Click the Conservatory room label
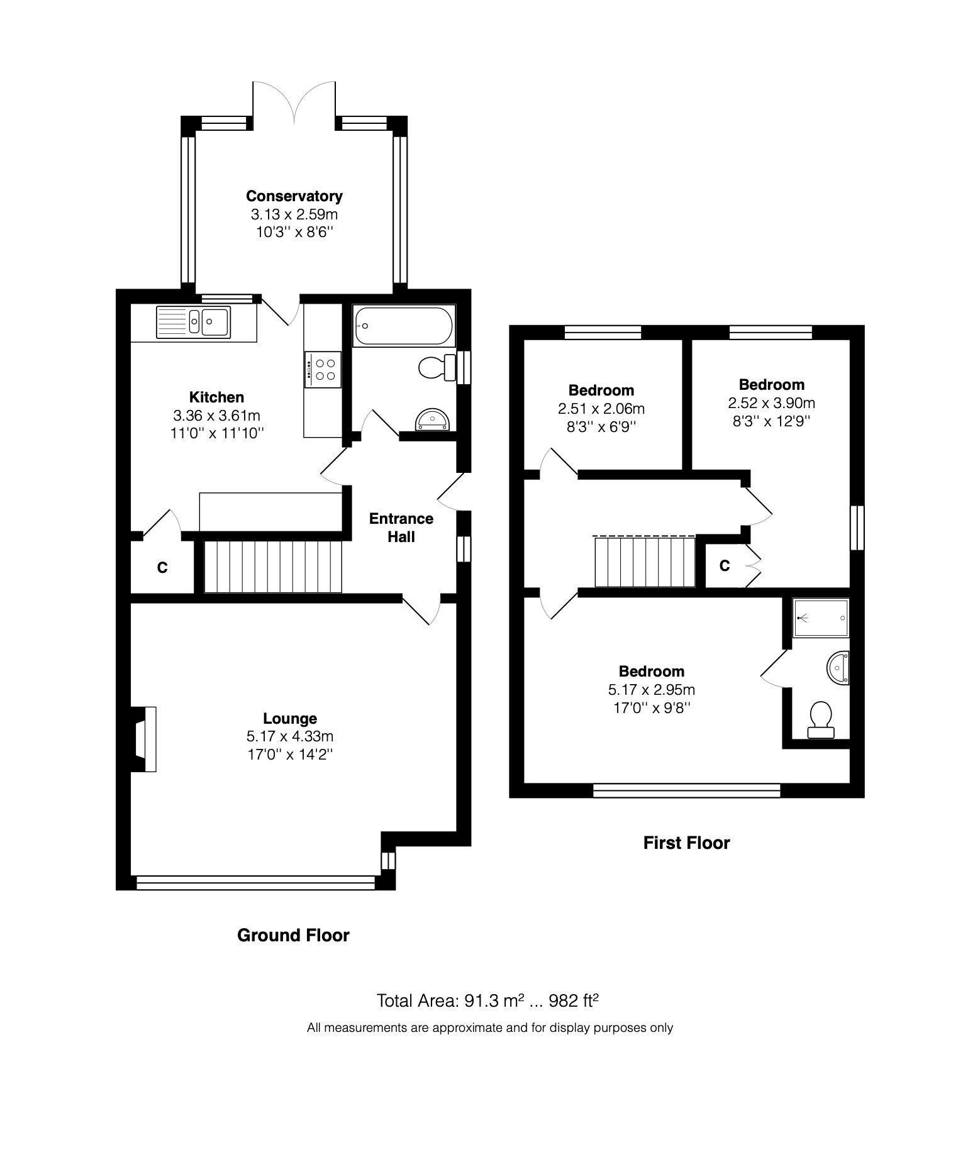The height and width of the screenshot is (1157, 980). [x=294, y=196]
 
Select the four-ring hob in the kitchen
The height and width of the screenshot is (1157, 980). [x=323, y=369]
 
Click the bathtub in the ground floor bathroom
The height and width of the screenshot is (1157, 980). [x=403, y=326]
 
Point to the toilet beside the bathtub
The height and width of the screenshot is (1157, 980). [x=436, y=367]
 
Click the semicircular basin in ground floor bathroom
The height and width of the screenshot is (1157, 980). [x=432, y=419]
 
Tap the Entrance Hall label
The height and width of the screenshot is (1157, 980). [x=401, y=528]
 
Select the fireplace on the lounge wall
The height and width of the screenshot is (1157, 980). [x=145, y=739]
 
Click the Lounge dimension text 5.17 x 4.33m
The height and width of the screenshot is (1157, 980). [x=289, y=736]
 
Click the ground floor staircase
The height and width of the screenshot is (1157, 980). [x=272, y=567]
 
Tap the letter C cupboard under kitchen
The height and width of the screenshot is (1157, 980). [x=162, y=568]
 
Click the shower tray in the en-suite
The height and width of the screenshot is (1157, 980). [x=821, y=617]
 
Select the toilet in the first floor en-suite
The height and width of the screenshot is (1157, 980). [x=820, y=720]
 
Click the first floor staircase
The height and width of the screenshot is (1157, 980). [x=645, y=561]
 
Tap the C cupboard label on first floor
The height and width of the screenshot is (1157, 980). [x=725, y=566]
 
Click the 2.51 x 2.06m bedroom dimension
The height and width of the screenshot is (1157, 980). [x=601, y=409]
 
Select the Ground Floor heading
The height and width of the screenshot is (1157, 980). [x=293, y=935]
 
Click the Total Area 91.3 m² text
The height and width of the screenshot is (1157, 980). [x=450, y=1000]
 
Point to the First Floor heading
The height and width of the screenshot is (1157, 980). [x=686, y=843]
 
